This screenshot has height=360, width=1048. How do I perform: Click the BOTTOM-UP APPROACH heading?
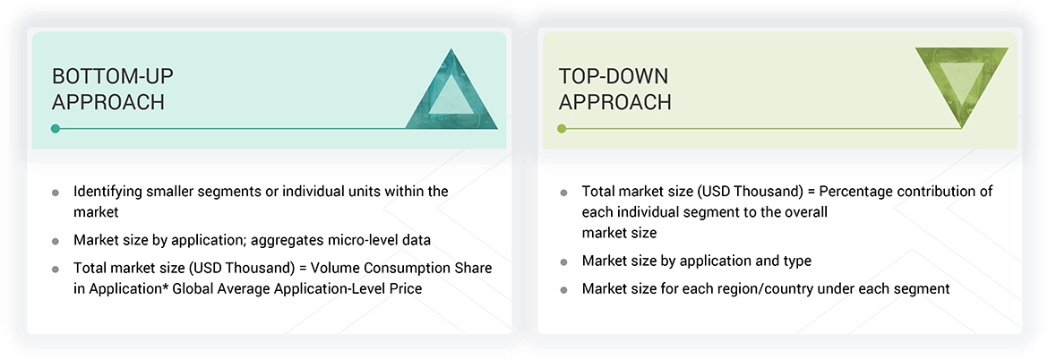pyautogui.click(x=108, y=89)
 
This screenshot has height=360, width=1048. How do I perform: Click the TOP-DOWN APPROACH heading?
pyautogui.click(x=615, y=89)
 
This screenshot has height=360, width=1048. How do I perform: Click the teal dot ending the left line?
pyautogui.click(x=56, y=129)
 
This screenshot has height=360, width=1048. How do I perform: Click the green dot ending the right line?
pyautogui.click(x=562, y=129)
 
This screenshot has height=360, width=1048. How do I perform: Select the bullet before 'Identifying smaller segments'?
pyautogui.click(x=56, y=193)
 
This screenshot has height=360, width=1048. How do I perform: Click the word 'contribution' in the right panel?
pyautogui.click(x=946, y=192)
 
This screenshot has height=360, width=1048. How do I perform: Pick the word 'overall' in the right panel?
pyautogui.click(x=803, y=212)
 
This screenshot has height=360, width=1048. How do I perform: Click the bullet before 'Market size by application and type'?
pyautogui.click(x=563, y=261)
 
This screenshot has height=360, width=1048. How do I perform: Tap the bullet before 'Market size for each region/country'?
pyautogui.click(x=563, y=289)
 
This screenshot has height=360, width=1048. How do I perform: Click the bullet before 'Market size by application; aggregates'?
pyautogui.click(x=56, y=241)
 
